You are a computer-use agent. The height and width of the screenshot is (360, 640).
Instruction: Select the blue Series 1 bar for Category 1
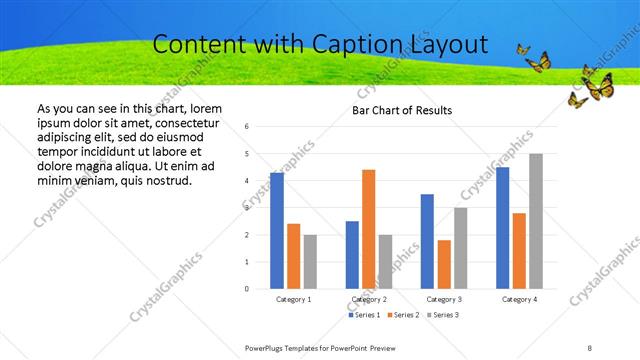(x=277, y=230)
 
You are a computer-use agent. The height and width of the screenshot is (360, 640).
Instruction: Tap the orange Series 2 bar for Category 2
(x=368, y=229)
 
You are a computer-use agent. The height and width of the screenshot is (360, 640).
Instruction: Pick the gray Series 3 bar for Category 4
(x=536, y=221)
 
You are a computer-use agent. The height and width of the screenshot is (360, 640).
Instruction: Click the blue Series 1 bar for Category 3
(x=427, y=241)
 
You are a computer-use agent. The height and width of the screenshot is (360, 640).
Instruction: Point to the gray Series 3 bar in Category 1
(x=311, y=261)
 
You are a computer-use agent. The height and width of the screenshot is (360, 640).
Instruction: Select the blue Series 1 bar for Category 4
(x=502, y=227)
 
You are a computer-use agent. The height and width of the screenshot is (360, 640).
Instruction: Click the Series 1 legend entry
(x=364, y=315)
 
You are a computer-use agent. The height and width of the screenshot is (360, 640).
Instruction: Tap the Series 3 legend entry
(x=444, y=315)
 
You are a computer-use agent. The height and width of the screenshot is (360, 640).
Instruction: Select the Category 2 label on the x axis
(x=369, y=299)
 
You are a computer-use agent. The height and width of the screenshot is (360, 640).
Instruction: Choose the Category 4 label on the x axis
(x=519, y=299)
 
